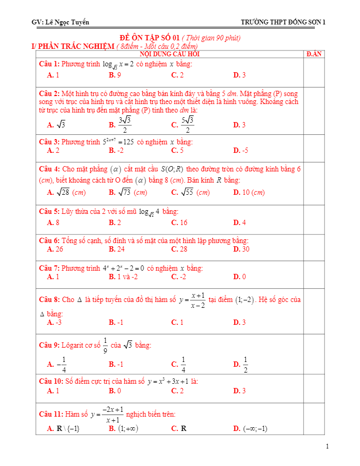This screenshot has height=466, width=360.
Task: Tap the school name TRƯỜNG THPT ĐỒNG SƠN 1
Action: (283, 22)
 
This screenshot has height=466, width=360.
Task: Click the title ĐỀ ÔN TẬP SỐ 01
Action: (150, 38)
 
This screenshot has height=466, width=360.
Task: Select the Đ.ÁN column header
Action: (314, 54)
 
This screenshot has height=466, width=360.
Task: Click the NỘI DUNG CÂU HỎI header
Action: (170, 54)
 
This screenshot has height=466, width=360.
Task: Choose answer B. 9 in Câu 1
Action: (115, 75)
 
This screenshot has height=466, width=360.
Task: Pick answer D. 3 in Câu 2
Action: (239, 125)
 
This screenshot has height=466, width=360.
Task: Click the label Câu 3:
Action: (49, 142)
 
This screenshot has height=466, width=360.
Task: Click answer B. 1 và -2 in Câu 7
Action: (123, 277)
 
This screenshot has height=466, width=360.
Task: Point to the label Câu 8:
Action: (49, 300)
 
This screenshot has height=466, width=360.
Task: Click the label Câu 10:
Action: (52, 382)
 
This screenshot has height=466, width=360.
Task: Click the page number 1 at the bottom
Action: (328, 446)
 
